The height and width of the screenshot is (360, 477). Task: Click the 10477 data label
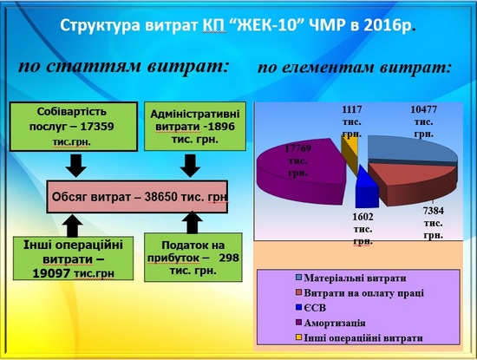pos(423,121)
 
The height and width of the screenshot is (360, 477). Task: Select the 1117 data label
pos(352,121)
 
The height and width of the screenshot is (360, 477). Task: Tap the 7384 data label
pos(433,223)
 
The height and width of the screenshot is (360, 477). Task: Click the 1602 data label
pos(363,229)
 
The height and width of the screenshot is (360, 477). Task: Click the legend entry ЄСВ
pos(310,308)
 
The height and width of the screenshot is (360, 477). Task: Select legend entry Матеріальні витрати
pos(351,278)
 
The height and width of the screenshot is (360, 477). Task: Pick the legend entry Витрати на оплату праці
pos(360,292)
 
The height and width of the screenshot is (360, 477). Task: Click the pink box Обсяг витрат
pos(137,197)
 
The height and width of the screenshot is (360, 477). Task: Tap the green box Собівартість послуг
pos(74,127)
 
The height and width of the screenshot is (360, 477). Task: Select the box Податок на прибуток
pos(193,258)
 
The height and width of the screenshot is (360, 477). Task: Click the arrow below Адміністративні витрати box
pos(190,166)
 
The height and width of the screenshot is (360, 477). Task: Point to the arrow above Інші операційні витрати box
pos(72,226)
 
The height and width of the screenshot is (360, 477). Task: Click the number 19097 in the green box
pos(52,273)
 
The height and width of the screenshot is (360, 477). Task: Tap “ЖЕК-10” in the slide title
pos(266,26)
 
